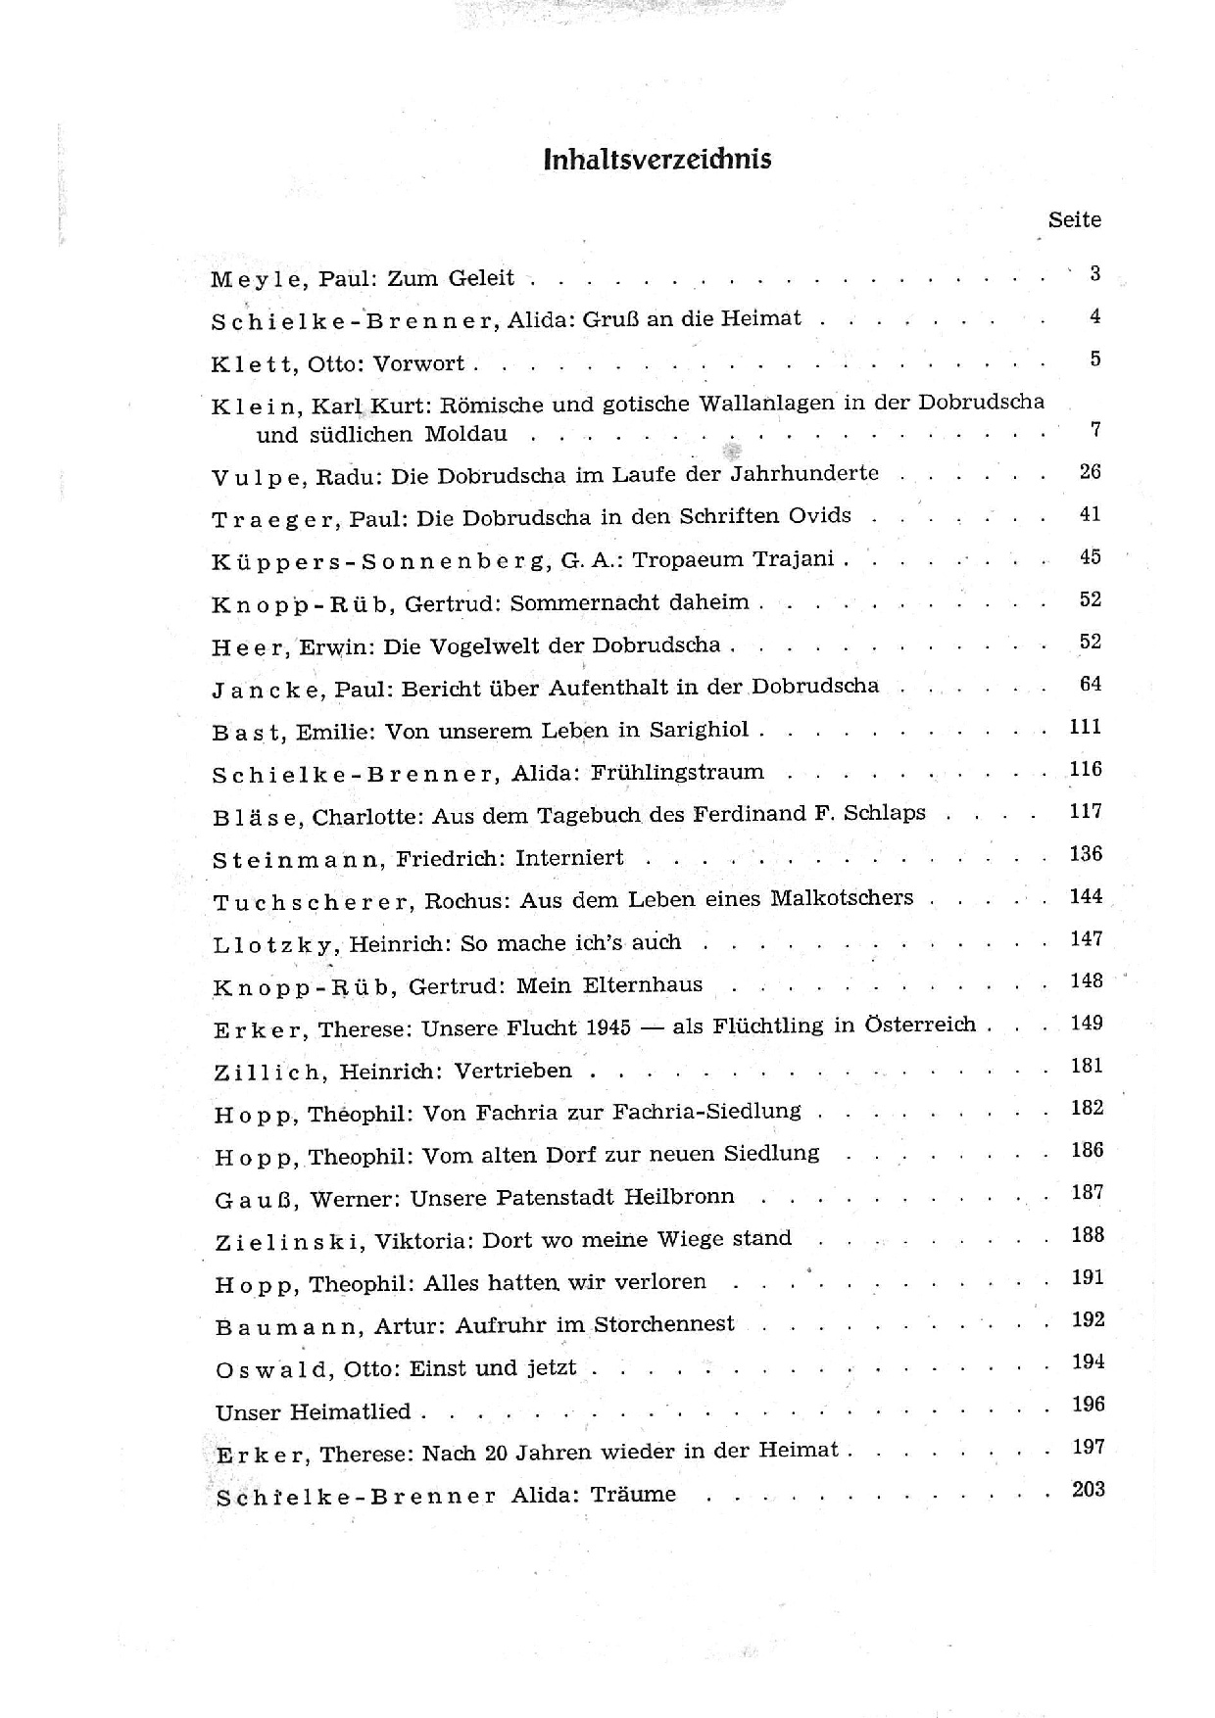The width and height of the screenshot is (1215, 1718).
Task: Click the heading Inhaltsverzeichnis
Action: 656,160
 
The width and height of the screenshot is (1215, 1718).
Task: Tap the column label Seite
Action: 1074,219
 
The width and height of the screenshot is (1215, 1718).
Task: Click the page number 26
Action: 1090,472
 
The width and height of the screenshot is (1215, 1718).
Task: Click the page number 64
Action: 1090,684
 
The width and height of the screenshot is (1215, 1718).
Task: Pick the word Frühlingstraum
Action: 676,772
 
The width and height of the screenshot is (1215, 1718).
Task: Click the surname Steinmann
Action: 297,860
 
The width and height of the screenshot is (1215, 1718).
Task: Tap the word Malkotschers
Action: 842,897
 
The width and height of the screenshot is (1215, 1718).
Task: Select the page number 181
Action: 1087,1066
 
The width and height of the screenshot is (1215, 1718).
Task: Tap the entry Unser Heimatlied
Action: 313,1412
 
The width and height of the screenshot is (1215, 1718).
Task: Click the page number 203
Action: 1088,1490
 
